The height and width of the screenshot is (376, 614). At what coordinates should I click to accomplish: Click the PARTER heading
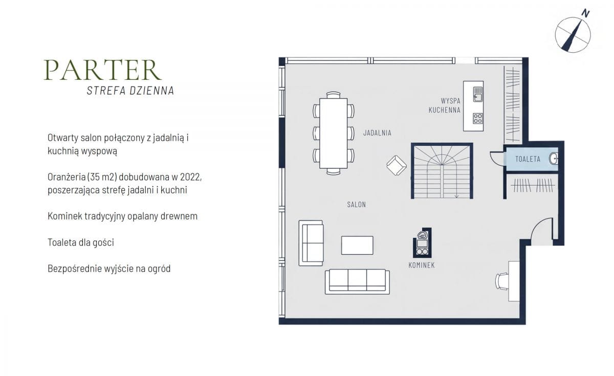(x=102, y=70)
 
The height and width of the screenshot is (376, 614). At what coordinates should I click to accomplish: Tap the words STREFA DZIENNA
(x=130, y=91)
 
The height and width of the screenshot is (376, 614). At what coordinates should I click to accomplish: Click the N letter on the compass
(x=585, y=13)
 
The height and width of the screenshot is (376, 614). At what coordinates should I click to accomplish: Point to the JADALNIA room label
(x=377, y=133)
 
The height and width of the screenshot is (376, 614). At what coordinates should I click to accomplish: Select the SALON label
(x=356, y=205)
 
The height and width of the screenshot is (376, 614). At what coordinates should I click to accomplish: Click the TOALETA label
(x=528, y=159)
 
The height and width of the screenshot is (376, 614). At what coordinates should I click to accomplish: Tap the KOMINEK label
(x=421, y=266)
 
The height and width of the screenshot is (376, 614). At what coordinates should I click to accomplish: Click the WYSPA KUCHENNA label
(x=445, y=105)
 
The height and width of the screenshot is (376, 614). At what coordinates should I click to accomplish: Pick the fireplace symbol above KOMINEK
(x=422, y=243)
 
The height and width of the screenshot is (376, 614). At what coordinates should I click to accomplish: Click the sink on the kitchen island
(x=478, y=94)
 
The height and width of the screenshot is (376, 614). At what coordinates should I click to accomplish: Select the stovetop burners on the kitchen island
(x=478, y=118)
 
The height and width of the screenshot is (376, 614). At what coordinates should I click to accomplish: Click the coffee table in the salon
(x=357, y=245)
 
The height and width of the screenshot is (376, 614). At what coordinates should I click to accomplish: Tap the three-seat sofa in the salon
(x=357, y=282)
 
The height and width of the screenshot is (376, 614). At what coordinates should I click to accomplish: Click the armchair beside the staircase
(x=397, y=165)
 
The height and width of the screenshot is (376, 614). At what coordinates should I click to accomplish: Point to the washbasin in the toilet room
(x=554, y=159)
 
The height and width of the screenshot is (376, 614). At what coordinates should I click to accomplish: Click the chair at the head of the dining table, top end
(x=333, y=95)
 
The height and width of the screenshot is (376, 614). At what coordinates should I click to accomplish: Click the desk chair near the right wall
(x=502, y=281)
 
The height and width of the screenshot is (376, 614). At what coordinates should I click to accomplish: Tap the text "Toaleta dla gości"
(x=81, y=242)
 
